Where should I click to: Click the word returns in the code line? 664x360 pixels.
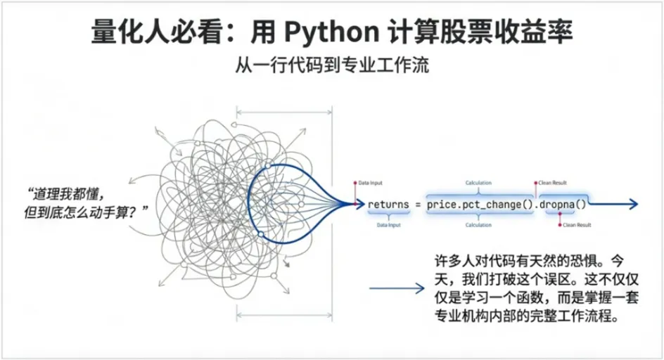point(388,204)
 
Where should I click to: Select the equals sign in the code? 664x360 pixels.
point(416,204)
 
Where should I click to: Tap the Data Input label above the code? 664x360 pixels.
point(373,182)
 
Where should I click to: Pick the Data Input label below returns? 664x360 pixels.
point(389,225)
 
